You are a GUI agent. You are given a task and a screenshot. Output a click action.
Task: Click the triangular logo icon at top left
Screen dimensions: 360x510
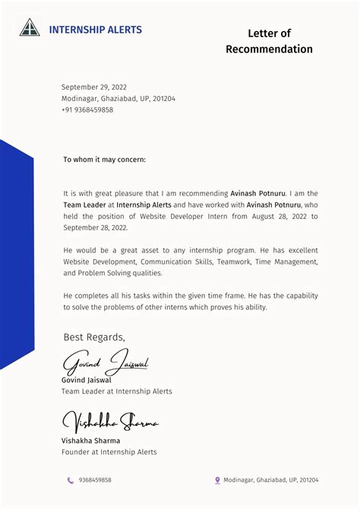[x=30, y=28]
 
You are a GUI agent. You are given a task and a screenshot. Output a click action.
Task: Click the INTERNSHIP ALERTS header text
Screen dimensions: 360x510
[x=95, y=30]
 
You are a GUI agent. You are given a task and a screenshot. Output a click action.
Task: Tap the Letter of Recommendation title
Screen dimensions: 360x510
[x=269, y=41]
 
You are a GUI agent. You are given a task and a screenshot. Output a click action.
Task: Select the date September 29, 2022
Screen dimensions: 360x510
[x=94, y=87]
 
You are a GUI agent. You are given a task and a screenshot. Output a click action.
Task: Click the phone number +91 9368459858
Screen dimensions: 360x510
[x=87, y=110]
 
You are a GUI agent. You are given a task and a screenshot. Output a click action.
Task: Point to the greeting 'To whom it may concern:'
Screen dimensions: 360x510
[x=104, y=160]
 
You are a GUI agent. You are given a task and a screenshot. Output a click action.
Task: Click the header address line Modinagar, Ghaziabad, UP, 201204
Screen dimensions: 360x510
[x=118, y=99]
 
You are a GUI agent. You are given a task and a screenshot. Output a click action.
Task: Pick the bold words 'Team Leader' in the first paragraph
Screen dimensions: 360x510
[x=84, y=205]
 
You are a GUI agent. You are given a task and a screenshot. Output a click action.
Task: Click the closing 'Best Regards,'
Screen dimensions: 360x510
[x=94, y=337]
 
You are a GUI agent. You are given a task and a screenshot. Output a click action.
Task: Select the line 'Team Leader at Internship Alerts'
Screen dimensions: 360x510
[x=116, y=391]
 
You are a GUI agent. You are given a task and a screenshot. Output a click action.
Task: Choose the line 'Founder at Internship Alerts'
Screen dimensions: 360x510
[x=109, y=452]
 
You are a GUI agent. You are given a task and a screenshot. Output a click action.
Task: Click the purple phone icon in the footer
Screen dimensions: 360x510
[x=70, y=480]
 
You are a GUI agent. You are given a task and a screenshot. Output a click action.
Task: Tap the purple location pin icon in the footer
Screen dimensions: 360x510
[x=217, y=480]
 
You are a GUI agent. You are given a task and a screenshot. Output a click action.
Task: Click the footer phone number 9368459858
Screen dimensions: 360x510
[x=95, y=480]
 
